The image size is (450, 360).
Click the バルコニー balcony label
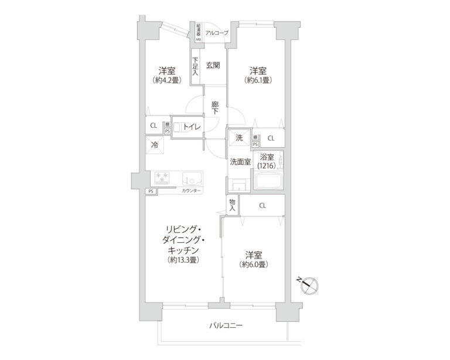(x=225, y=325)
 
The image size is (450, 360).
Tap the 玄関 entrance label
(x=212, y=65)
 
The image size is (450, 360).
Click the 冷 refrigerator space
(x=155, y=145)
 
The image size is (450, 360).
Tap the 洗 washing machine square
(x=238, y=138)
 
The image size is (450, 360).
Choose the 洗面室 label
(x=240, y=162)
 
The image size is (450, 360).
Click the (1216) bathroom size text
(x=267, y=167)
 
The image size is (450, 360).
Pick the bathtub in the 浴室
(x=270, y=181)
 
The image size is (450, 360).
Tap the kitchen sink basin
(x=191, y=178)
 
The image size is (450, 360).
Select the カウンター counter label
(x=191, y=192)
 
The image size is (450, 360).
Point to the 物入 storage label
(x=232, y=205)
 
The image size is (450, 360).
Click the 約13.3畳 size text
(x=182, y=259)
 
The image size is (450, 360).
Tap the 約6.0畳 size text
(x=253, y=264)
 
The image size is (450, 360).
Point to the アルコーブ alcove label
(x=217, y=33)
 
